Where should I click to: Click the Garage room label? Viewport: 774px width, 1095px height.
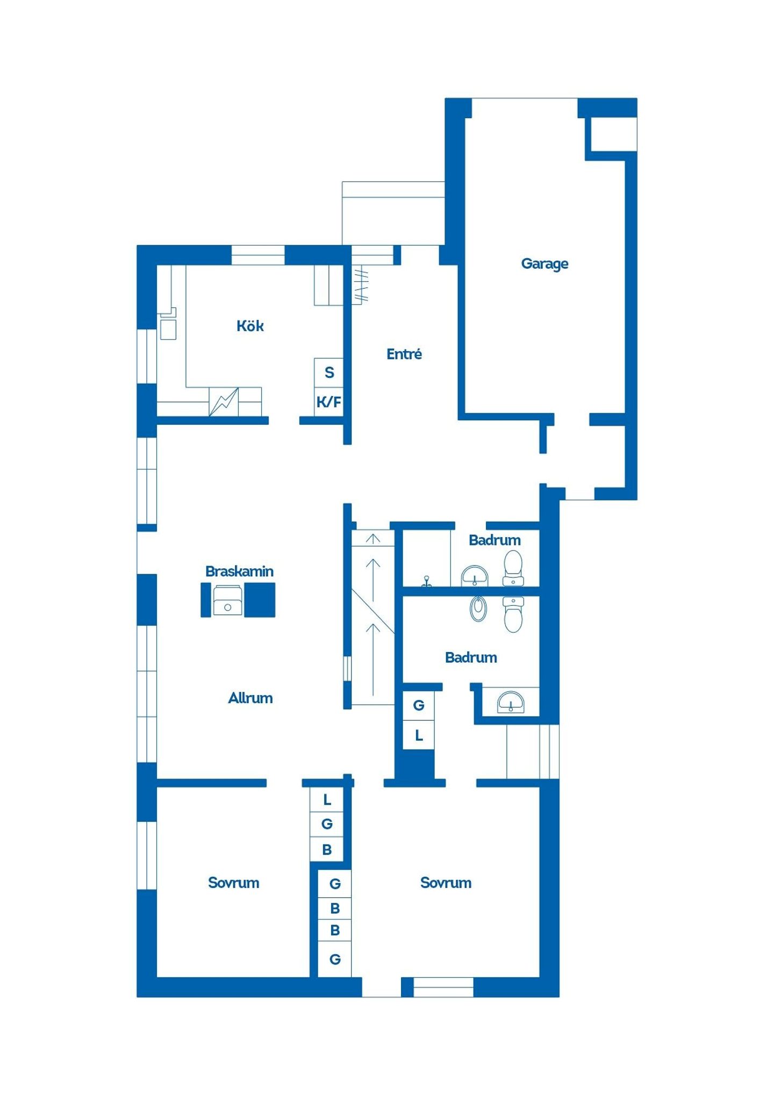[x=544, y=264]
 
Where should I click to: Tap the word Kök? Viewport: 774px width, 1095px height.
[x=250, y=326]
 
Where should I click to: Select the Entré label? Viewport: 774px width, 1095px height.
[x=404, y=354]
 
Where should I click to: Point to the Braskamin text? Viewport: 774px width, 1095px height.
[x=239, y=571]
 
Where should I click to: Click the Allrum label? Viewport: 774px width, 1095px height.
[x=250, y=698]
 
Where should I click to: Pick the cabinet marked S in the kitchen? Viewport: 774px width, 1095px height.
[x=328, y=373]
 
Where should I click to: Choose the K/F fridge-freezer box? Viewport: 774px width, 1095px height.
[x=328, y=402]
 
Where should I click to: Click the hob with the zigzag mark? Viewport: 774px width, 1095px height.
[x=224, y=402]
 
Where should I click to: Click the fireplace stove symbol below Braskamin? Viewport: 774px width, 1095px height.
[x=227, y=600]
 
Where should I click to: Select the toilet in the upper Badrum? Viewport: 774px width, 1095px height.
[x=513, y=568]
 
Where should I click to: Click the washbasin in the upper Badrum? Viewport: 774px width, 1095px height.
[x=475, y=576]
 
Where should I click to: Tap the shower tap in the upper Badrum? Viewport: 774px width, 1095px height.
[x=426, y=582]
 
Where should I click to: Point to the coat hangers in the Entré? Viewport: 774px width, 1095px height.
[x=361, y=284]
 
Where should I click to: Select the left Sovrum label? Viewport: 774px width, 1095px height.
[x=233, y=883]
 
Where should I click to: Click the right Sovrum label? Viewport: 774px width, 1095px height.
[x=446, y=883]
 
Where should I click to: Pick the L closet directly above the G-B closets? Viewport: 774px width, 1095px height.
[x=327, y=800]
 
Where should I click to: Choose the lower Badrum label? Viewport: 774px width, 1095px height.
[x=471, y=657]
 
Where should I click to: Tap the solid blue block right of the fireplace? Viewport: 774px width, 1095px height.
[x=260, y=600]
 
